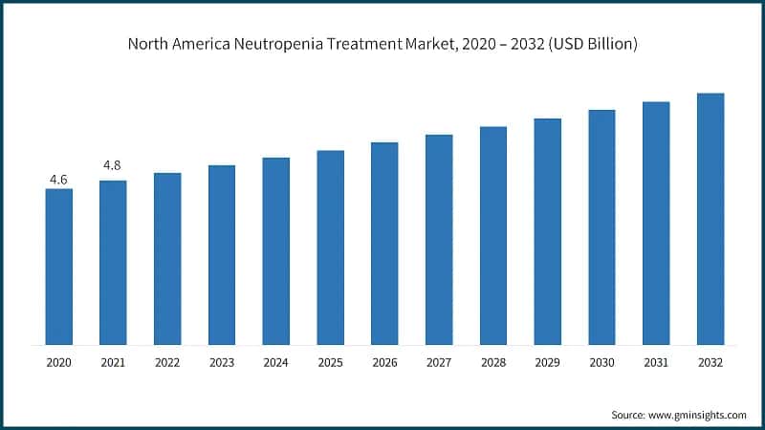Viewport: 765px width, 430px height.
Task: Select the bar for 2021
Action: pyautogui.click(x=113, y=262)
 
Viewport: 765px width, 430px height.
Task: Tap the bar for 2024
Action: pyautogui.click(x=275, y=250)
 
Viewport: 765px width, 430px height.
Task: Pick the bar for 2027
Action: pyautogui.click(x=439, y=239)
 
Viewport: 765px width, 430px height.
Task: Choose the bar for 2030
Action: pyautogui.click(x=601, y=226)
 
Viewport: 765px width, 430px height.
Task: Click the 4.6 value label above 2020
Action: pyautogui.click(x=58, y=179)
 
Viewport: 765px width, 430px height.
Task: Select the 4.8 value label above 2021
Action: pyautogui.click(x=113, y=166)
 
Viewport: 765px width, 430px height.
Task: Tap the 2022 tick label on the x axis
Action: pyautogui.click(x=167, y=363)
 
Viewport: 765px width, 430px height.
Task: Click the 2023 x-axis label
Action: pyautogui.click(x=222, y=363)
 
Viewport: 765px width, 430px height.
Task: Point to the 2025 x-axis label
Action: pyautogui.click(x=330, y=363)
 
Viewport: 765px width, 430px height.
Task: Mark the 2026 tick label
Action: pyautogui.click(x=384, y=363)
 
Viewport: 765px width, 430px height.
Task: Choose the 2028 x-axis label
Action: pyautogui.click(x=493, y=363)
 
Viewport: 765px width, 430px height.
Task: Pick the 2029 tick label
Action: pyautogui.click(x=547, y=363)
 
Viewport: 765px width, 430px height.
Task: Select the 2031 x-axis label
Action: pyautogui.click(x=656, y=363)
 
